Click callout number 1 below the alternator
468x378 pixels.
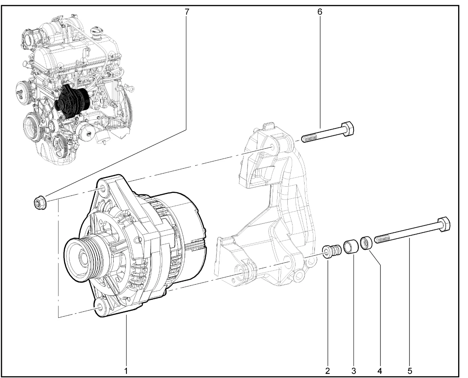(x=126, y=371)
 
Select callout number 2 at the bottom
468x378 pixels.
(x=328, y=371)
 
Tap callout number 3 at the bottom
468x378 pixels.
(x=354, y=371)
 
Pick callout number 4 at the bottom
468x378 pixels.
(x=380, y=371)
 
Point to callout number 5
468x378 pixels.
(x=410, y=371)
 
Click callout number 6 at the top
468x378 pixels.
(x=320, y=11)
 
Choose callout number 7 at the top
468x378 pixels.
(x=187, y=11)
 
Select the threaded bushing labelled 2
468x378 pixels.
(x=332, y=251)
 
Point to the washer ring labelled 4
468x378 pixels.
(x=366, y=243)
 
